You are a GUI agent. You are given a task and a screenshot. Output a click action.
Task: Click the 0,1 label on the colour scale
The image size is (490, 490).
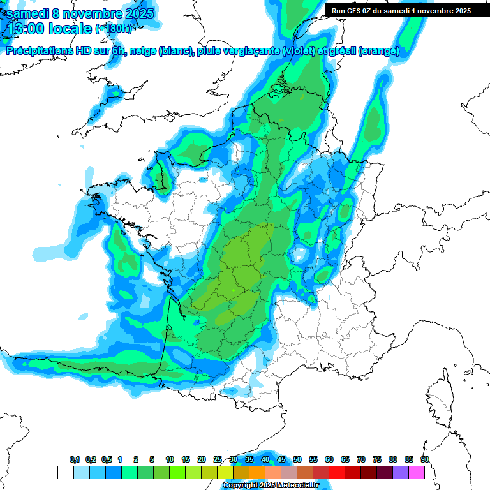[x=75, y=460]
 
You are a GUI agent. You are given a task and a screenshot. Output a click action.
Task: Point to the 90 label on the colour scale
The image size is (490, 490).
[x=425, y=460]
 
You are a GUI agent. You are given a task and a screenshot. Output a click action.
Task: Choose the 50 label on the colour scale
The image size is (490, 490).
[x=297, y=460]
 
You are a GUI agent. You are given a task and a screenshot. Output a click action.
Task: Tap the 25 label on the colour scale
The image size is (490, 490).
[x=218, y=460]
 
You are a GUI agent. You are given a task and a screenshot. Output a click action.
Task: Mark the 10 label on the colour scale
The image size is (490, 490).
[x=170, y=460]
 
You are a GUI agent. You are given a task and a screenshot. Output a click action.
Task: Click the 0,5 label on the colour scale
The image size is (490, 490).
[x=107, y=460]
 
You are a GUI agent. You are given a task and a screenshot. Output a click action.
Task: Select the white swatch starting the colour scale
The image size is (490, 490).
[x=65, y=472]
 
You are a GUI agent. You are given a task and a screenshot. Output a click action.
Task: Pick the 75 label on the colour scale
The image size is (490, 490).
[x=377, y=460]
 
